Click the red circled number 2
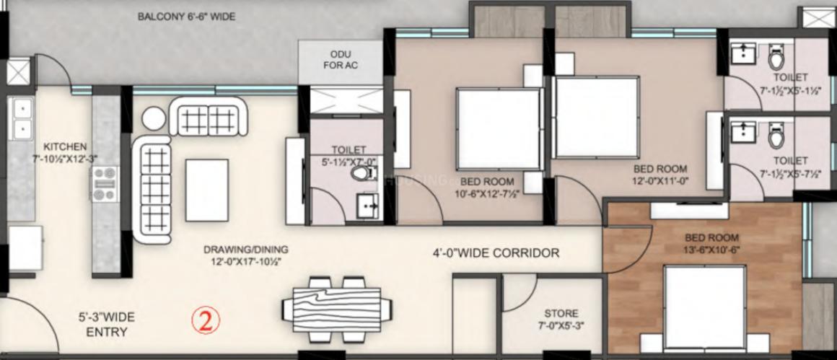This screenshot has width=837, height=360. click(206, 320)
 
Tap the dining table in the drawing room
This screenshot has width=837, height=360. click(337, 309)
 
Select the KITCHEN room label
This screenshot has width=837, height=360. click(65, 146)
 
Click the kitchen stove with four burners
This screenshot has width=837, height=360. click(105, 184)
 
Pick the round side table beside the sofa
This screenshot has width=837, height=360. click(154, 118)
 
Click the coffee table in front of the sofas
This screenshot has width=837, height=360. click(207, 190)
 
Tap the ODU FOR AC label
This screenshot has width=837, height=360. click(341, 60)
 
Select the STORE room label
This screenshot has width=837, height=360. click(561, 313)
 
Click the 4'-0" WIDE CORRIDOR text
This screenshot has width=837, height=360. click(496, 253)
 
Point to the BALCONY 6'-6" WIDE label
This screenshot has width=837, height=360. click(186, 17)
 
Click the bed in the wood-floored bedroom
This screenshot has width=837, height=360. click(705, 308)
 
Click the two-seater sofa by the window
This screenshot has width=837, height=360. click(209, 116)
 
